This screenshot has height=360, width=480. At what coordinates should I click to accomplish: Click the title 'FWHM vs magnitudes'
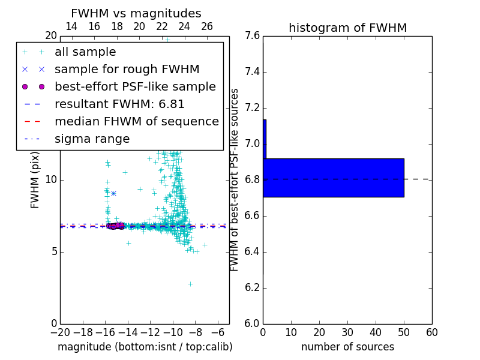tap(136, 14)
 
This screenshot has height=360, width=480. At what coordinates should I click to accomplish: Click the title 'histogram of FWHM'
tap(347, 28)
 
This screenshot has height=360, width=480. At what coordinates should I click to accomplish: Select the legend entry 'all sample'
tap(85, 52)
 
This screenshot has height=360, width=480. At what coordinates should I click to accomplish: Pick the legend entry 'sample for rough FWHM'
tap(127, 70)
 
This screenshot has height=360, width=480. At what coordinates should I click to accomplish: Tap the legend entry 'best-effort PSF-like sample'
tap(135, 87)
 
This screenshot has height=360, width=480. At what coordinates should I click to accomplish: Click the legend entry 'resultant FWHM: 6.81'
tap(119, 104)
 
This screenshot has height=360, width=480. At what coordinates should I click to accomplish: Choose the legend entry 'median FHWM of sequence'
tap(136, 122)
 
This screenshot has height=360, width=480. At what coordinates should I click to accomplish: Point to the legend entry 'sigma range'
tap(92, 139)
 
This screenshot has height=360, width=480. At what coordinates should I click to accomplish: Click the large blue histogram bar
tap(333, 178)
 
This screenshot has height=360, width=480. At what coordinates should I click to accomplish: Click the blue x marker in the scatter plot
tap(113, 193)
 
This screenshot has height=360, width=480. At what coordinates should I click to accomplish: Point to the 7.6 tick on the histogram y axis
tap(253, 36)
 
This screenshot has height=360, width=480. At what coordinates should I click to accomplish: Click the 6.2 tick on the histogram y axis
tap(253, 287)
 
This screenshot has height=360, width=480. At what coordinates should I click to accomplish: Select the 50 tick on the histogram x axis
tap(404, 332)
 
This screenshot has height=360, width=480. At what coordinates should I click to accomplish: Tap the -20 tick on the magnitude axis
tap(60, 332)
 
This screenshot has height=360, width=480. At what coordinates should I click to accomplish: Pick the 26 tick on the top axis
tap(207, 26)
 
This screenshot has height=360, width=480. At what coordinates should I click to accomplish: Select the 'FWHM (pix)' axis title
tap(35, 179)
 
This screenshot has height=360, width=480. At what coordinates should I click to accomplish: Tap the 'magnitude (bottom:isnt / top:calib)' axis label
tap(145, 347)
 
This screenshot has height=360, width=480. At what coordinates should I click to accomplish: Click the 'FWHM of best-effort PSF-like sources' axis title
tap(235, 179)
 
